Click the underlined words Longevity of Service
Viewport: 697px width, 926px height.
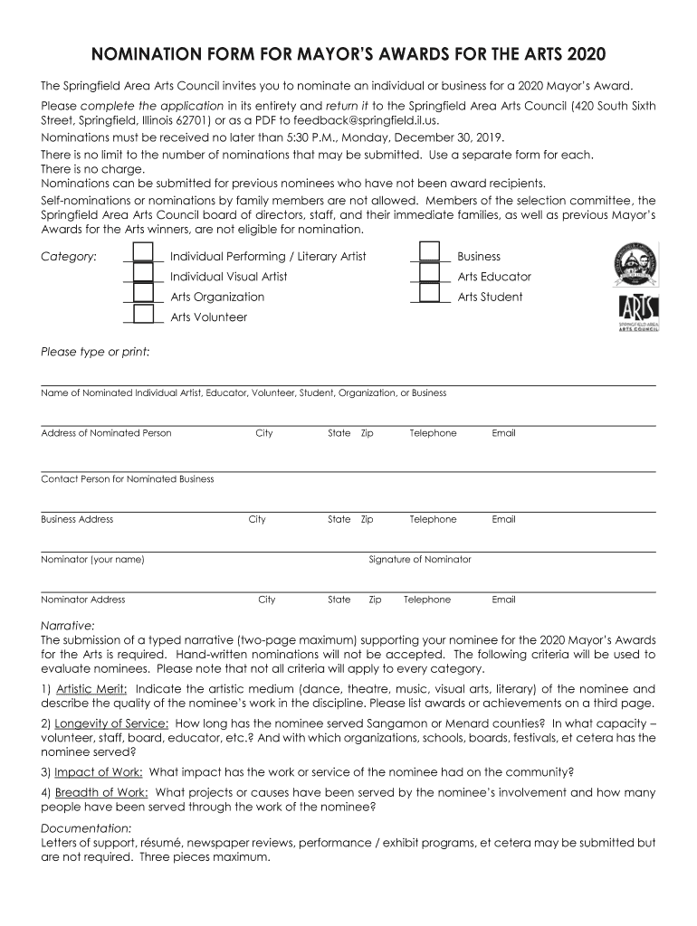coord(111,723)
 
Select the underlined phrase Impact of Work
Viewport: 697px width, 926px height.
coord(98,772)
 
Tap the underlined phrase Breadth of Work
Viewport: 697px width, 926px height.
coord(101,793)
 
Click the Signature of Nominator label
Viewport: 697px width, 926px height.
coord(420,560)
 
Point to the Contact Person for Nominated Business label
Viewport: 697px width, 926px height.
coord(128,479)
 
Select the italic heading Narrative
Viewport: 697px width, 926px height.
coord(68,625)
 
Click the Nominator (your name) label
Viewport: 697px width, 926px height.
coord(92,560)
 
